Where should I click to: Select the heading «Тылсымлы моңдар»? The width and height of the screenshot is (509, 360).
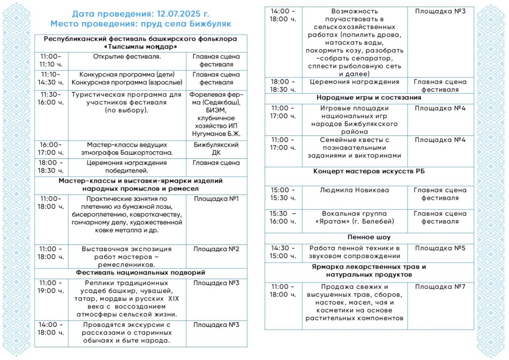(x=140, y=46)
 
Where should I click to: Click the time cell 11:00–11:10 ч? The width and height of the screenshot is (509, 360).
(x=50, y=60)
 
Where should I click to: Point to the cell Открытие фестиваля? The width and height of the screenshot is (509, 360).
(x=127, y=57)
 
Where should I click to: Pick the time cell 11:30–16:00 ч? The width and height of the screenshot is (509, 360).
(x=50, y=98)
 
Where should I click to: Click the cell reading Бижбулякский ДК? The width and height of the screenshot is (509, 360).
(x=216, y=148)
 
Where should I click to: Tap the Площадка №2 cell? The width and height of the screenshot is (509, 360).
(x=216, y=249)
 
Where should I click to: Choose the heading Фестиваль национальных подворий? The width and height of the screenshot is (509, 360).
(x=140, y=272)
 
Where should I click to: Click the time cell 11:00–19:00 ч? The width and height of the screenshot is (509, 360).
(x=50, y=287)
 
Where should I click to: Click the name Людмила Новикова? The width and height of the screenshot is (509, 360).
(x=354, y=190)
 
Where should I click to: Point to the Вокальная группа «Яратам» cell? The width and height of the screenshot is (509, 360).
(x=354, y=217)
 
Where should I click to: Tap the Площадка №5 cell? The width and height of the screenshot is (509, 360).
(x=440, y=248)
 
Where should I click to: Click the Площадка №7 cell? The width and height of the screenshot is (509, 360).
(x=440, y=287)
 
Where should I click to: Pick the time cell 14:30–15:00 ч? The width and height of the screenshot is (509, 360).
(x=283, y=252)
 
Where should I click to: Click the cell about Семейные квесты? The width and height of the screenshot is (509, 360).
(x=354, y=148)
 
